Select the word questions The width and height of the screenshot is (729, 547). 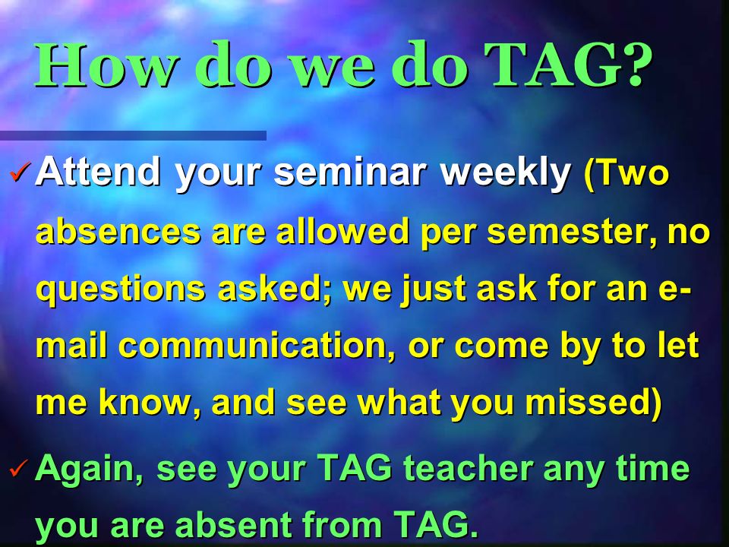[121, 289]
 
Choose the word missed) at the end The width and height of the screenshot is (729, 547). [594, 403]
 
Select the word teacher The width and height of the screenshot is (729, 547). [469, 468]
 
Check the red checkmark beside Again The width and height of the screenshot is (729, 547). [21, 469]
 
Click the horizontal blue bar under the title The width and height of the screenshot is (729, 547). [133, 135]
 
